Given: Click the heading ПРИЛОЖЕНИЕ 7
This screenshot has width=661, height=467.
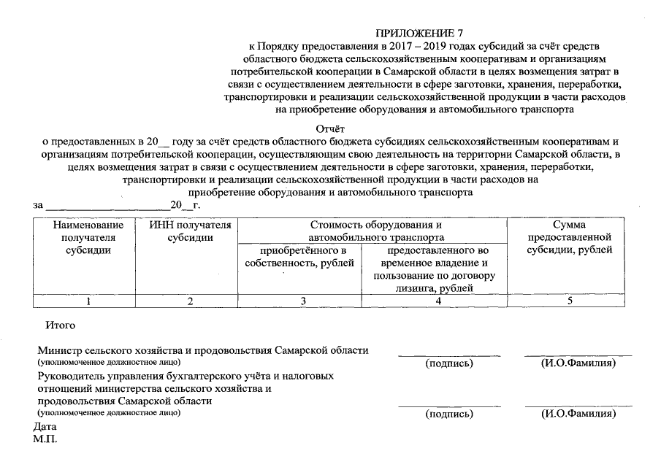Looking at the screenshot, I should click(x=419, y=34).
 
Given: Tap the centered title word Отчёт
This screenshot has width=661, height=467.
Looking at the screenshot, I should click(x=330, y=128).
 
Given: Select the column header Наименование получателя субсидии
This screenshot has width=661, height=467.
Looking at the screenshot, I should click(x=88, y=238).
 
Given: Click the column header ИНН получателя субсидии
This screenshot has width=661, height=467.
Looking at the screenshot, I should click(x=190, y=231).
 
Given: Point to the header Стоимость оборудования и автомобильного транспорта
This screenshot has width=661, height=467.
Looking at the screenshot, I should click(x=375, y=231).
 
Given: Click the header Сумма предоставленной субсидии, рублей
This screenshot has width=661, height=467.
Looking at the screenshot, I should click(x=569, y=238).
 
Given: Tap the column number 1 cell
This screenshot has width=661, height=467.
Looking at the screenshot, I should click(x=88, y=301).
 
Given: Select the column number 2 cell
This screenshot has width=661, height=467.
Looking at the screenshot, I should click(x=190, y=301).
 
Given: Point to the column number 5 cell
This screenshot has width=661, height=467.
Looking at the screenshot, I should click(x=569, y=301).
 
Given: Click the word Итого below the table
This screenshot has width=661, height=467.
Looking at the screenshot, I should click(x=61, y=324).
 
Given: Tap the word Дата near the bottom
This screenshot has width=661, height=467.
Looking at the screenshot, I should click(x=45, y=426).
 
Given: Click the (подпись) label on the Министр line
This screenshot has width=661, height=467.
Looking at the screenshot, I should click(x=448, y=363).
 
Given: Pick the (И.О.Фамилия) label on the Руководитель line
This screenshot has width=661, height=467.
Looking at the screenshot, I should click(x=578, y=414).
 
